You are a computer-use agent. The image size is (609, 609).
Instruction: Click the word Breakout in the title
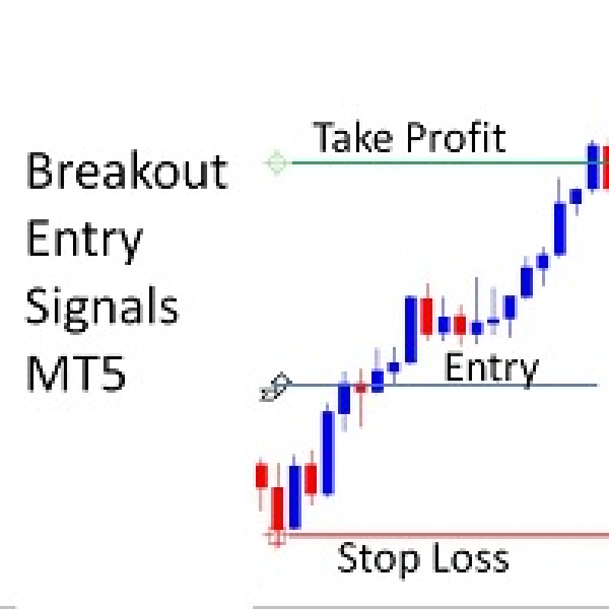tap(127, 170)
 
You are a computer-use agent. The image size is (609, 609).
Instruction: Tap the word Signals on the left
tap(102, 310)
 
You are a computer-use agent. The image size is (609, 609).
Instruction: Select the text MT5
tap(76, 373)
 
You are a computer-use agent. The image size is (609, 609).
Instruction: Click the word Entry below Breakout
tap(84, 241)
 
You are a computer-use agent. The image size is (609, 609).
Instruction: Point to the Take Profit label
tap(410, 137)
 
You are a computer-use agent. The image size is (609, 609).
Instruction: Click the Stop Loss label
tap(423, 560)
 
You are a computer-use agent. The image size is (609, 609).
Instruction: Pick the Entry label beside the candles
tap(492, 368)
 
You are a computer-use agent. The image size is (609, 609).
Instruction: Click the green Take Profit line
tap(439, 163)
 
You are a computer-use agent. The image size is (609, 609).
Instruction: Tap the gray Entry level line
tap(443, 385)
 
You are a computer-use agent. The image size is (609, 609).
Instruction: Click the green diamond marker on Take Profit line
tap(277, 163)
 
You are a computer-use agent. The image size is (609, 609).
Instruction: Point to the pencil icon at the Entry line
tap(276, 387)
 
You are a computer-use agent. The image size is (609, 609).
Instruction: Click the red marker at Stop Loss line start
tap(277, 537)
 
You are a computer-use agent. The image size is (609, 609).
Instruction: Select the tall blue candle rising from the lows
tap(328, 452)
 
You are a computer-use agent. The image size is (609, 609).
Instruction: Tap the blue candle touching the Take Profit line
tap(593, 167)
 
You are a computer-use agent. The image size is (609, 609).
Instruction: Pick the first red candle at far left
tap(261, 475)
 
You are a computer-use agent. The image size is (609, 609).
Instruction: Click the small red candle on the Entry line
tap(361, 387)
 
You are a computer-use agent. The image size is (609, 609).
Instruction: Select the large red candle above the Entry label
tap(427, 315)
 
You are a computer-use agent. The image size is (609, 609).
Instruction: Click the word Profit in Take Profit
tap(456, 137)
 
